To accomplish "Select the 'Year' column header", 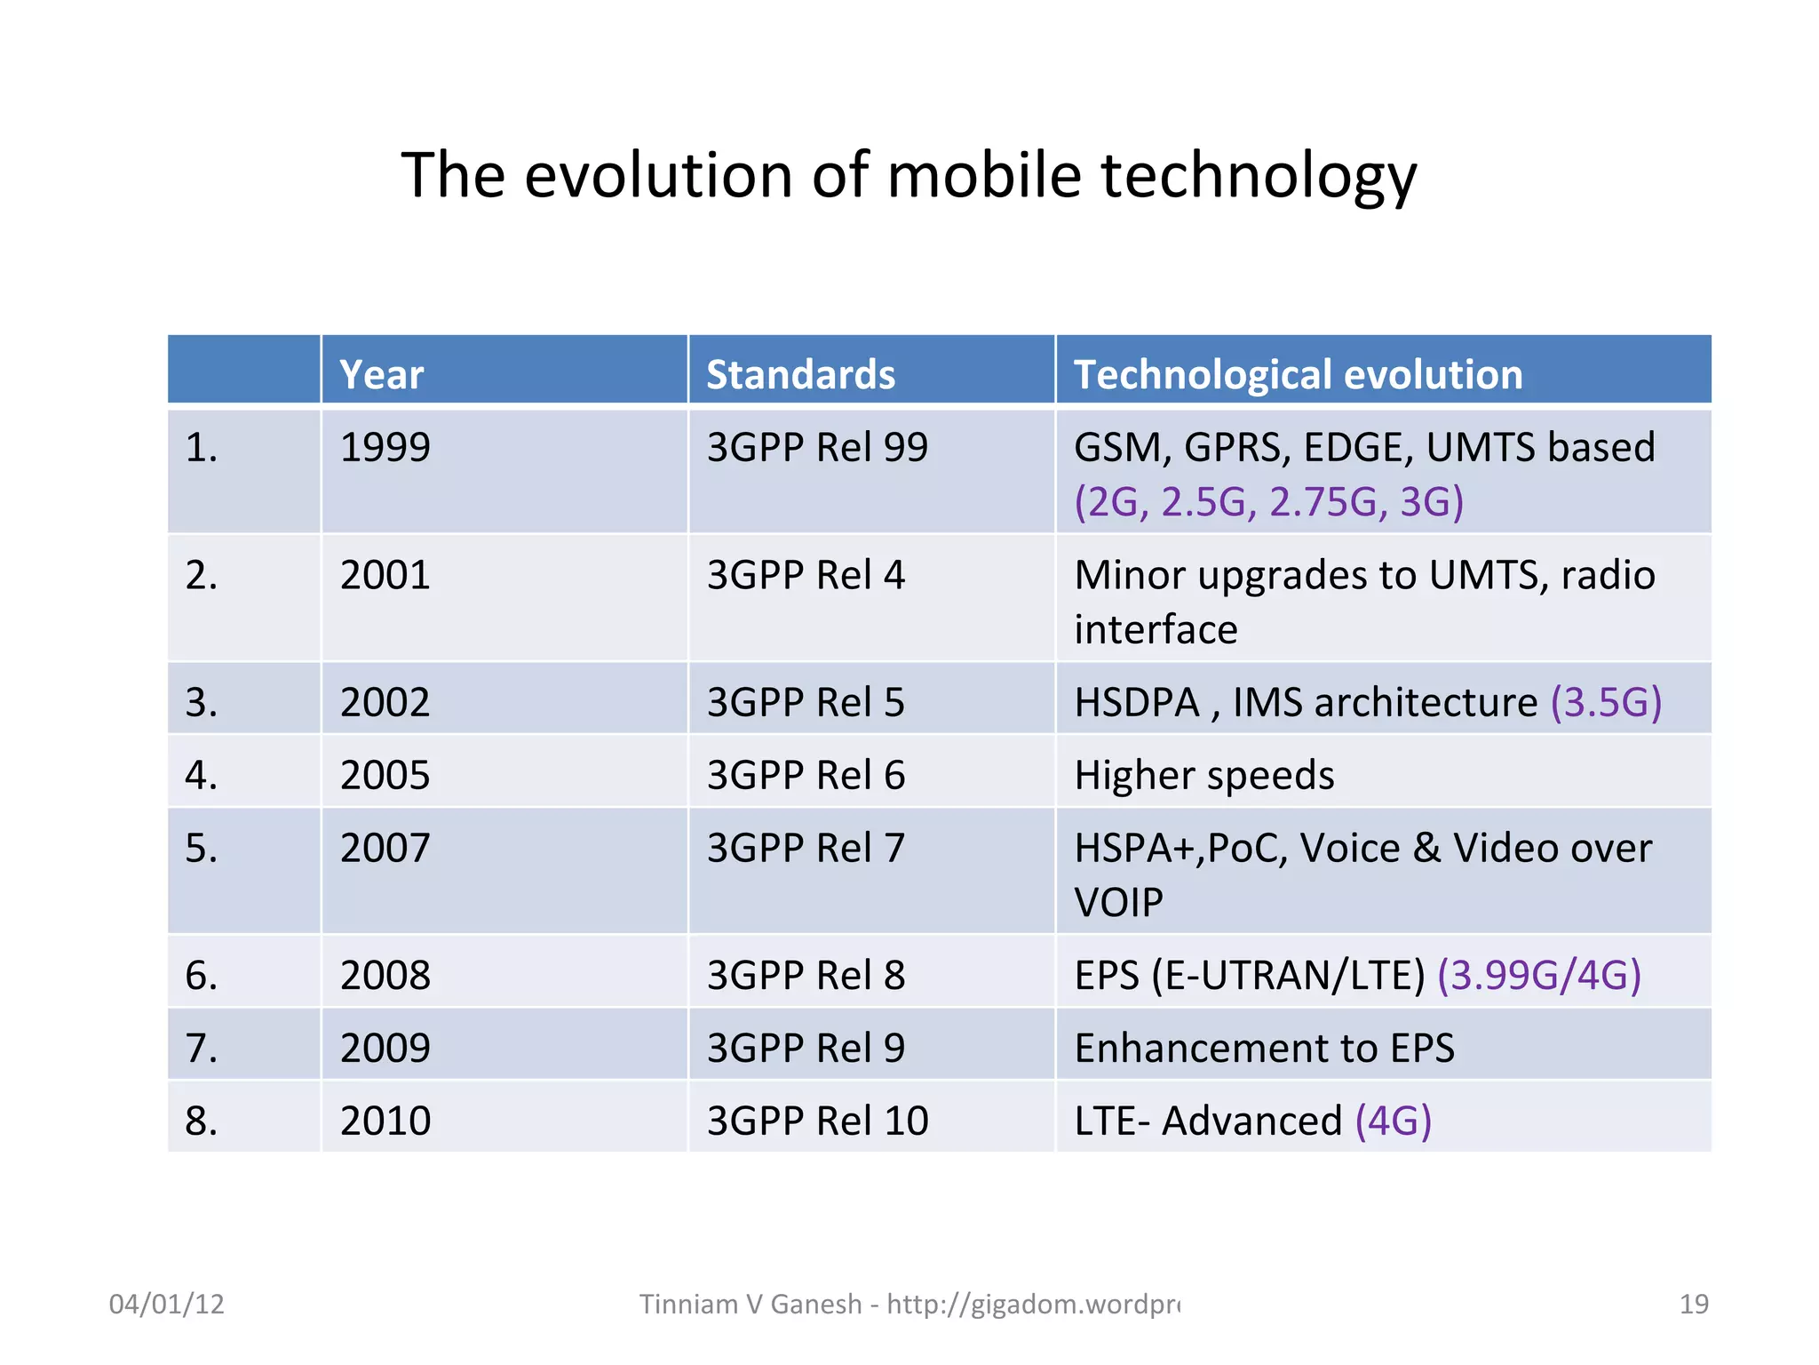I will coord(382,374).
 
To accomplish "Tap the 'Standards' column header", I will coord(800,374).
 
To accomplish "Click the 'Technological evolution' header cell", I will coord(1298,374).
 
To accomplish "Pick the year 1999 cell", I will coord(385,447).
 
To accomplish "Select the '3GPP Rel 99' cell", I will coord(817,447).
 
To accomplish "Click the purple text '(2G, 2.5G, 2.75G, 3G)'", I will coord(1268,502).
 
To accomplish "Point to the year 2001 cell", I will coord(385,575).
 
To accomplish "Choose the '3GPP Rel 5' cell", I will coord(806,702).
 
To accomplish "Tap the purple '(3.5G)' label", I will coord(1606,702).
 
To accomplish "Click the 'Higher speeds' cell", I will coord(1203,775).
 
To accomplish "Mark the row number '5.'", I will coord(202,848).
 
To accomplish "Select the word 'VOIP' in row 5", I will coord(1118,903).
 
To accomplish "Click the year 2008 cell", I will coord(385,976).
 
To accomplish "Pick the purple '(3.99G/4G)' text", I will coord(1538,976).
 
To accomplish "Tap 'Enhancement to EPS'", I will coord(1264,1049).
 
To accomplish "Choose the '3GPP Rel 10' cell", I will coord(817,1121).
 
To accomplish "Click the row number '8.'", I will coord(202,1121).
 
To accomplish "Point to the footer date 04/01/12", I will coord(166,1304).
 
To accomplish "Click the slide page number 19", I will coord(1694,1304).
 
